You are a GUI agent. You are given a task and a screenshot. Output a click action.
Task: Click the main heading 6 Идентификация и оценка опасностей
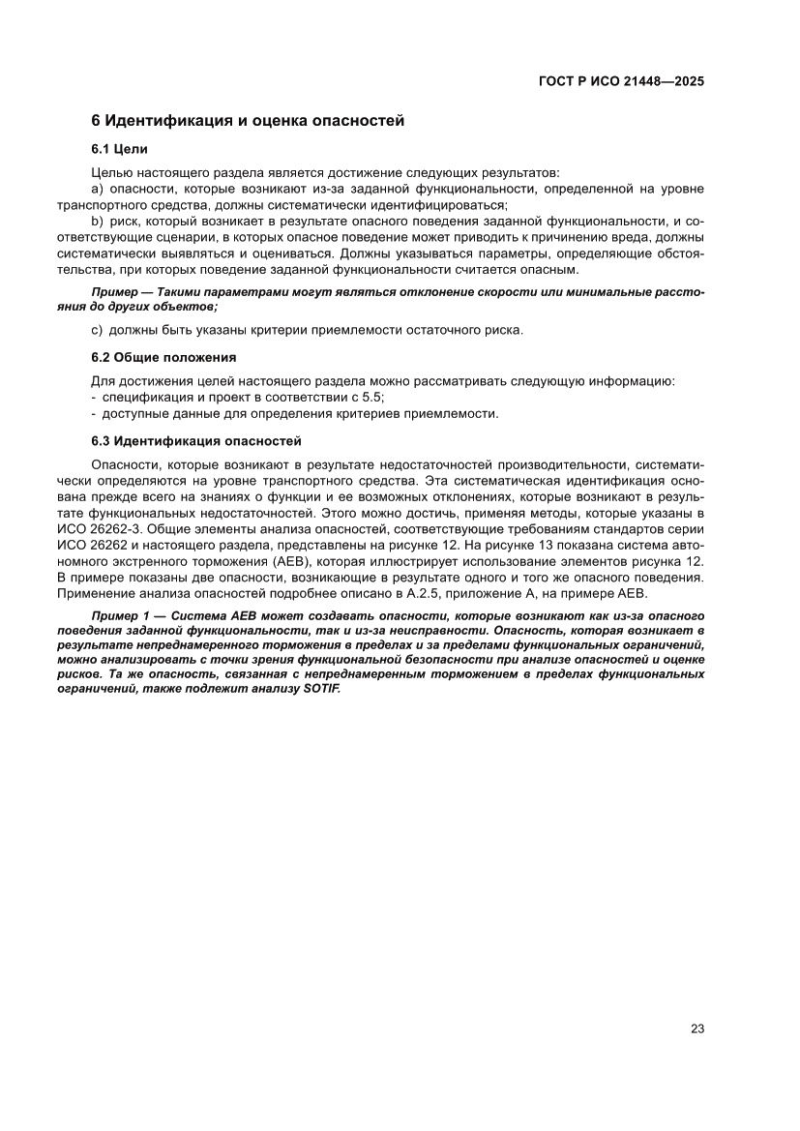tap(247, 121)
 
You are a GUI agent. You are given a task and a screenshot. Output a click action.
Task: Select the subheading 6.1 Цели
tap(118, 149)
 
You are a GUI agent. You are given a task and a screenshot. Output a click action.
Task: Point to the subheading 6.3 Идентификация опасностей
tap(195, 440)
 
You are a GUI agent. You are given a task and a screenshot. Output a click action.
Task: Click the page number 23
tap(696, 1028)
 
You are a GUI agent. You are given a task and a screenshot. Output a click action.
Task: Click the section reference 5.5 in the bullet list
tap(372, 397)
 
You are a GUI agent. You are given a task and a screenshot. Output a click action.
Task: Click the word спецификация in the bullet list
tap(144, 397)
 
